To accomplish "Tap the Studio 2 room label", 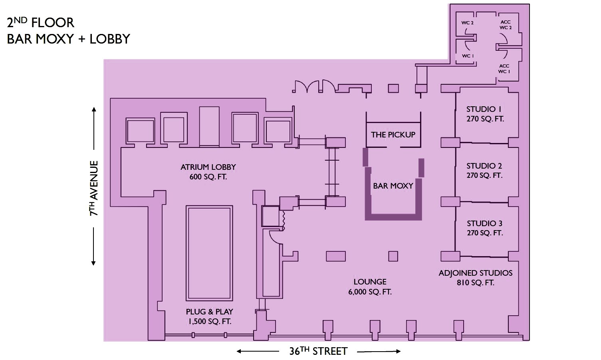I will point(484,171).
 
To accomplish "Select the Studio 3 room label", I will point(485,228).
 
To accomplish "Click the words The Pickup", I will point(393,135).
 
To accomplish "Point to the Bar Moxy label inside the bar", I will point(393,186).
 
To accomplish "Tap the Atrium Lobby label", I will point(208,172).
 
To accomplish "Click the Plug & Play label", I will point(210,316).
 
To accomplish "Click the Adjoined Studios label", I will point(476,278).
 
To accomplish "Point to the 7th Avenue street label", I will point(93,188).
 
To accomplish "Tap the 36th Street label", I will point(318,351).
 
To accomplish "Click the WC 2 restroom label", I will point(467,23).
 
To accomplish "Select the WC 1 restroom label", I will point(468,56).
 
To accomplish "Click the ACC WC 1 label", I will point(504,69).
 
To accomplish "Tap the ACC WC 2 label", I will point(506,25).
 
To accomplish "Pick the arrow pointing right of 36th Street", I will point(379,352).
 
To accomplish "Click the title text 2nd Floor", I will point(41,22).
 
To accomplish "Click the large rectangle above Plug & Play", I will point(209,253).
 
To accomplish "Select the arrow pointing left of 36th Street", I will point(258,352).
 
